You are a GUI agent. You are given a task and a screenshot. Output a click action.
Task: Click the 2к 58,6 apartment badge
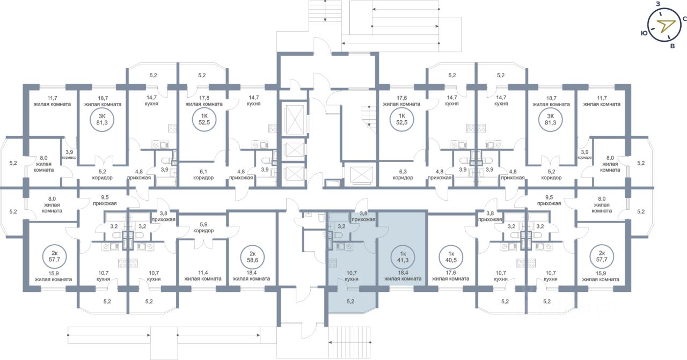point(252,257)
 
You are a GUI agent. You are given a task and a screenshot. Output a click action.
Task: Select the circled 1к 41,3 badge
point(403,257)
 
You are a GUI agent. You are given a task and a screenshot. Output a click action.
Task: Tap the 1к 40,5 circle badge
point(451,257)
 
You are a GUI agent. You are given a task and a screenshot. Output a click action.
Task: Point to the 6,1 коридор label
point(203,175)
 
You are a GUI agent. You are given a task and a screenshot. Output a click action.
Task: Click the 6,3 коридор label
point(403,175)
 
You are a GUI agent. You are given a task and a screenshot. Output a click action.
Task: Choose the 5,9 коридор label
point(203,227)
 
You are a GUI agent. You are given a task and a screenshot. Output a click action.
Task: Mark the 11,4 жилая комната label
point(203,276)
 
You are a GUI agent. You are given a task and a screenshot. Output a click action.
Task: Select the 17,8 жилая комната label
point(204,101)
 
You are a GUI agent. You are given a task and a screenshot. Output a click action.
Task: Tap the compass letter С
point(684,19)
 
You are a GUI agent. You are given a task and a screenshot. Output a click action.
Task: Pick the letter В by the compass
point(673,46)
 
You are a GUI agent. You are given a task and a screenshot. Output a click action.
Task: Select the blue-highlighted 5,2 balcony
point(350,302)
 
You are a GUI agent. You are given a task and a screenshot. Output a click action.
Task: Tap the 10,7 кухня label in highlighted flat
point(352,276)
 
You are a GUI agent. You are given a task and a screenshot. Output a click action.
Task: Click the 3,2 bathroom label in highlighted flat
point(341,226)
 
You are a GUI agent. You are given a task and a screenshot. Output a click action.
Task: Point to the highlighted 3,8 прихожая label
point(363,216)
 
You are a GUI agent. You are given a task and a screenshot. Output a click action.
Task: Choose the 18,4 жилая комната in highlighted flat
point(403,276)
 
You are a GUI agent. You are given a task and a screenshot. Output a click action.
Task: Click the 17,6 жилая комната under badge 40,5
point(450,276)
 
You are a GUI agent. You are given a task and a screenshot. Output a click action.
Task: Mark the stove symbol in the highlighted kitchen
point(332,263)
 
